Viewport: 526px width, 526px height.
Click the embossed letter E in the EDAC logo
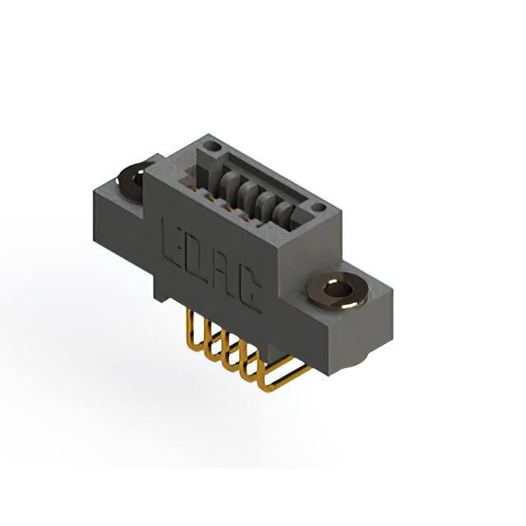coord(173,243)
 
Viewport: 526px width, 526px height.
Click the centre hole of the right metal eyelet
coord(339,288)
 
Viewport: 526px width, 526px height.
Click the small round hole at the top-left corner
coord(211,146)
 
